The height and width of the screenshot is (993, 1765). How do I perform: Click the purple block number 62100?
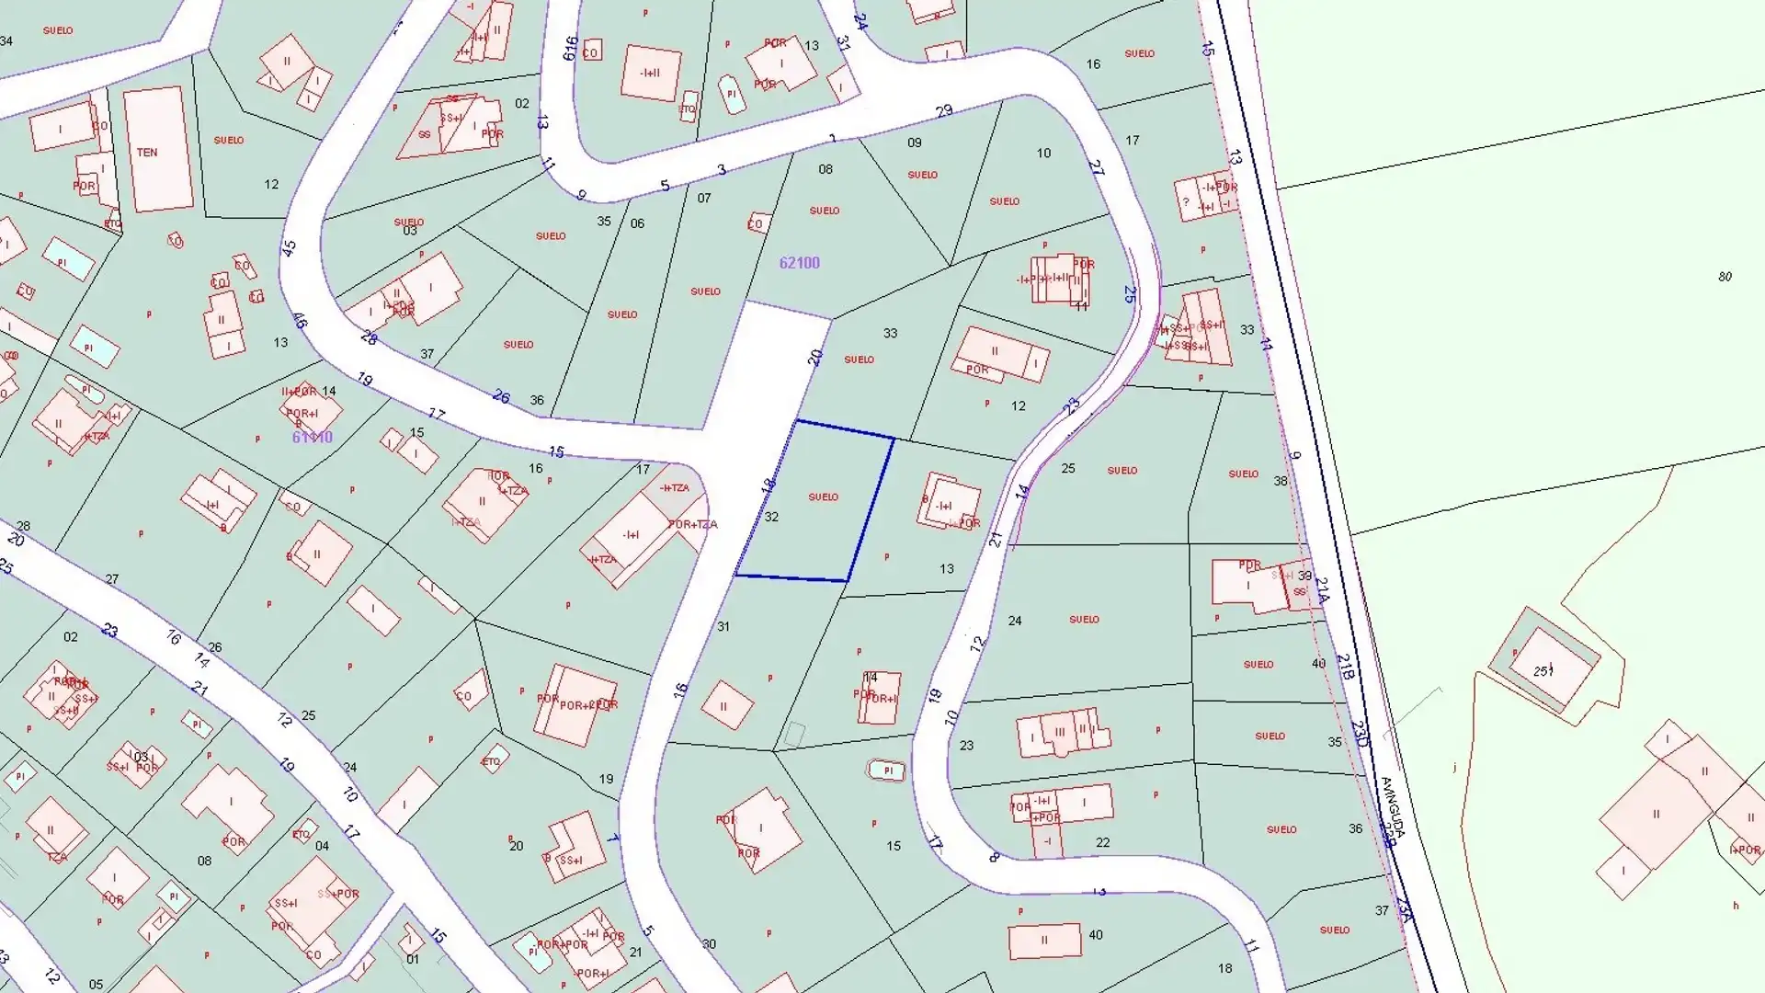[799, 263]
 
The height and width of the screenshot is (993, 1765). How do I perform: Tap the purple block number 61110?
[312, 438]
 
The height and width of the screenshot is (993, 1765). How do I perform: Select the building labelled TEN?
[147, 153]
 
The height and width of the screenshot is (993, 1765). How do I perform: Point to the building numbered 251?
[1543, 670]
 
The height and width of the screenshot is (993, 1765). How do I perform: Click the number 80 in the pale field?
[1725, 276]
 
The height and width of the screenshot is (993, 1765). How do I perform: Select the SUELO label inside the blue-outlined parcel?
[823, 497]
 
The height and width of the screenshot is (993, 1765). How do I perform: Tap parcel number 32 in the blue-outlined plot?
[771, 517]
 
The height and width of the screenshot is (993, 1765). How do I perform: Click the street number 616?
[570, 47]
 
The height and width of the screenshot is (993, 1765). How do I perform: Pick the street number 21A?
[1322, 590]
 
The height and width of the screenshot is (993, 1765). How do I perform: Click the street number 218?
[1345, 668]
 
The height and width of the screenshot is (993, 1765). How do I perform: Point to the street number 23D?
[1361, 734]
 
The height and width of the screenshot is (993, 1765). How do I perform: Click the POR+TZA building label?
[692, 524]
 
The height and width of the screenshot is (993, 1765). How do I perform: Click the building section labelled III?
[1060, 733]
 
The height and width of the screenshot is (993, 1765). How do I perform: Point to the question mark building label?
[1186, 202]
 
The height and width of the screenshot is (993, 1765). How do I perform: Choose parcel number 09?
[914, 143]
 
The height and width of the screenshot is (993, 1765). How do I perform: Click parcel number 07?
[704, 198]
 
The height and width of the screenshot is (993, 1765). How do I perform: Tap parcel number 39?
[1304, 576]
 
